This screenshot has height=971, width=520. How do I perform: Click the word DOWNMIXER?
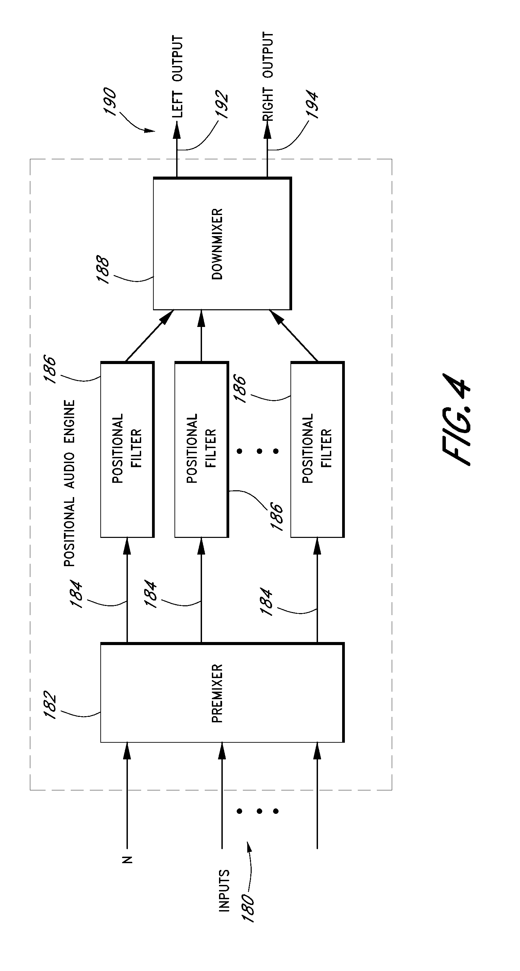click(217, 244)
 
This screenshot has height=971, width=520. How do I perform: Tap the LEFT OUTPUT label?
click(177, 77)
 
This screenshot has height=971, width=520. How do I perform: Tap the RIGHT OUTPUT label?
click(268, 77)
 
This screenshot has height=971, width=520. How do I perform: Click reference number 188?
click(102, 270)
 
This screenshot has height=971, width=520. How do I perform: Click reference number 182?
click(50, 705)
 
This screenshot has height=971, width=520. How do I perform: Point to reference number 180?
click(248, 908)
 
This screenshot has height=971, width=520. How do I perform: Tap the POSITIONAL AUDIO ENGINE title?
click(69, 483)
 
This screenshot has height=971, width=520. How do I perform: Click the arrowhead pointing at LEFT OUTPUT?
click(177, 131)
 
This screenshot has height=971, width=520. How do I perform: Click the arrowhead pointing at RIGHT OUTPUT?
click(267, 131)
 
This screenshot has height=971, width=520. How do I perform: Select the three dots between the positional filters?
click(259, 451)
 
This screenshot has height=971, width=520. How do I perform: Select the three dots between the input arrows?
click(259, 811)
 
